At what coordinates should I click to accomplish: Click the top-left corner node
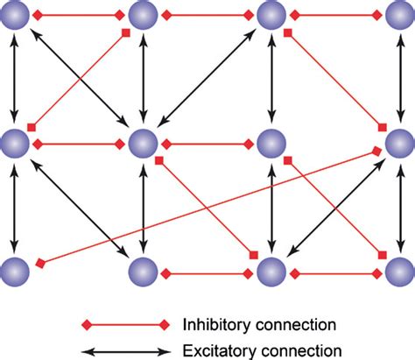[x=15, y=15]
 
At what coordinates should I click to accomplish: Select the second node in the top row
[x=143, y=15]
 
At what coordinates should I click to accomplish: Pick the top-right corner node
[x=398, y=15]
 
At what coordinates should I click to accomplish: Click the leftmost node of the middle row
[x=15, y=143]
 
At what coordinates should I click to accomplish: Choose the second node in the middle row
[x=143, y=143]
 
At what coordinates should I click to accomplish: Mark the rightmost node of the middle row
[x=398, y=143]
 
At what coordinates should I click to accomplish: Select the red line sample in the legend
[x=125, y=324]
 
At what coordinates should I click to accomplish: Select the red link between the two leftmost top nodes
[x=79, y=15]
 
